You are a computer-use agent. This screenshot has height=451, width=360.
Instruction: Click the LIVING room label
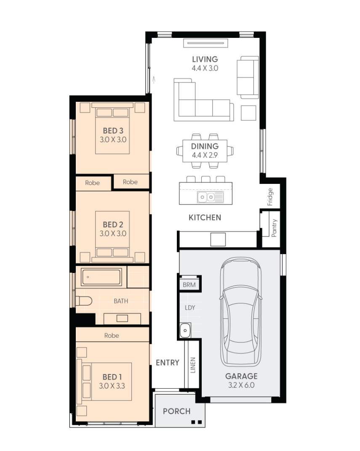(x=205, y=59)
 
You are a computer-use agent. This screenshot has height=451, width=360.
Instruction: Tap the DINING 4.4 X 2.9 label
(x=205, y=151)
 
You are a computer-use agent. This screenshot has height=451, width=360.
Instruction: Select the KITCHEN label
(x=205, y=218)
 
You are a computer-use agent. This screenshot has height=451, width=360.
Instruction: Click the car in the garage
(x=241, y=312)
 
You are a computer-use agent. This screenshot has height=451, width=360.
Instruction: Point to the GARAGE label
(x=241, y=376)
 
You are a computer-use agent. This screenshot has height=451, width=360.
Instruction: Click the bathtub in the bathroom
(x=101, y=277)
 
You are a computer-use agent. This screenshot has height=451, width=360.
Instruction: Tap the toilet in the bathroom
(x=84, y=301)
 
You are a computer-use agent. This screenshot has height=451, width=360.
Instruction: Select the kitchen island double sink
(x=210, y=197)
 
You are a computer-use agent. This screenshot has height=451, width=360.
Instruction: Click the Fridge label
(x=270, y=197)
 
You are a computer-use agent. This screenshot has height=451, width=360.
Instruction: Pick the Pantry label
(x=274, y=228)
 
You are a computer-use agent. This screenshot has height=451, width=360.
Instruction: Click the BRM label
(x=189, y=285)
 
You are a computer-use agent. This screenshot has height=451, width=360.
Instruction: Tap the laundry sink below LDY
(x=185, y=330)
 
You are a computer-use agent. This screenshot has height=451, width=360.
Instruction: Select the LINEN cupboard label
(x=193, y=365)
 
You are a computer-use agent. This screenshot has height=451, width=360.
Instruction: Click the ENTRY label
(x=168, y=363)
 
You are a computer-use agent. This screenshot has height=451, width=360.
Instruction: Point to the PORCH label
(x=177, y=411)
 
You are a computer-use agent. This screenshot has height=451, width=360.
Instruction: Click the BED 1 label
(x=112, y=377)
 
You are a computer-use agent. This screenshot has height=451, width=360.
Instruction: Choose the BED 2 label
(x=113, y=224)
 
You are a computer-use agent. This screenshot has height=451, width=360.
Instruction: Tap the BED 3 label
(x=113, y=130)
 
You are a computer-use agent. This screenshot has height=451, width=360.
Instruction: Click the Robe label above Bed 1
(x=112, y=335)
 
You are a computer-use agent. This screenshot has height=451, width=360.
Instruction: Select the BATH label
(x=121, y=301)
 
